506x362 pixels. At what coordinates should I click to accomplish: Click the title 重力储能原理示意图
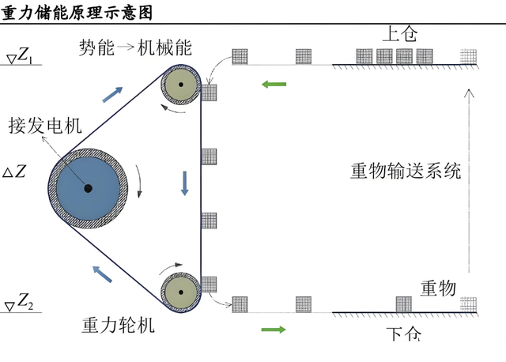(x=77, y=12)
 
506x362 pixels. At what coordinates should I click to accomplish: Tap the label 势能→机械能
(x=134, y=47)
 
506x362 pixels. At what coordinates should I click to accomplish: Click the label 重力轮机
(x=119, y=325)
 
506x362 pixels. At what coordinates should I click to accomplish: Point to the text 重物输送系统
(x=406, y=170)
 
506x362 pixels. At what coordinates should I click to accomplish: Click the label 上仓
(x=399, y=34)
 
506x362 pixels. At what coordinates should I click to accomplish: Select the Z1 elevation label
(x=23, y=55)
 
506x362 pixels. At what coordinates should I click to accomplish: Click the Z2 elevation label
(x=23, y=301)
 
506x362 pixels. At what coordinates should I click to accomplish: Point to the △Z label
(x=15, y=171)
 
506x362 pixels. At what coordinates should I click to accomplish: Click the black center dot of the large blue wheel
(x=88, y=188)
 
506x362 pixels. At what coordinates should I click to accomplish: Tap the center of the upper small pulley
(x=181, y=85)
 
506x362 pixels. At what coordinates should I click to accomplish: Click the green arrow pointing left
(x=274, y=82)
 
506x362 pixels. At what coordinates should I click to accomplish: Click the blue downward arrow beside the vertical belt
(x=185, y=183)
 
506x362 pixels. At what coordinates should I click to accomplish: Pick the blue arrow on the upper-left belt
(x=113, y=94)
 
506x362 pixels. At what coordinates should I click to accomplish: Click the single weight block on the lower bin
(x=403, y=304)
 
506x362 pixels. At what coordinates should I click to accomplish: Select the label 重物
(x=437, y=288)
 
